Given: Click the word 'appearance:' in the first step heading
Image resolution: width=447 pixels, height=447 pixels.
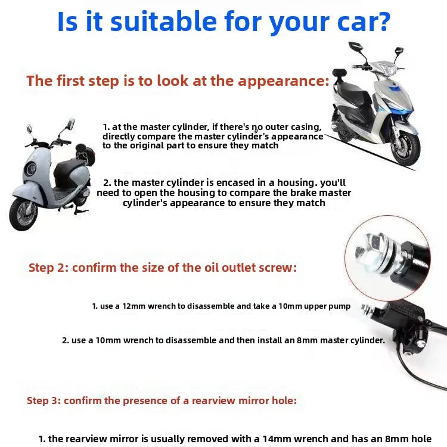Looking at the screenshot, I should (x=289, y=81).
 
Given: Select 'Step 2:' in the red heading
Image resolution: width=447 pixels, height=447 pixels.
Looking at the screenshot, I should (x=48, y=268).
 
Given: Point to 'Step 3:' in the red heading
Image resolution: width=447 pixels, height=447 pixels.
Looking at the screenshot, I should (x=44, y=401).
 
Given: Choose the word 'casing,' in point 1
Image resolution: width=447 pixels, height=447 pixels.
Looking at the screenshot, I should (x=303, y=127).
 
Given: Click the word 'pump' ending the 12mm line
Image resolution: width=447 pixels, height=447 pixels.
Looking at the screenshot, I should (x=339, y=306).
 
